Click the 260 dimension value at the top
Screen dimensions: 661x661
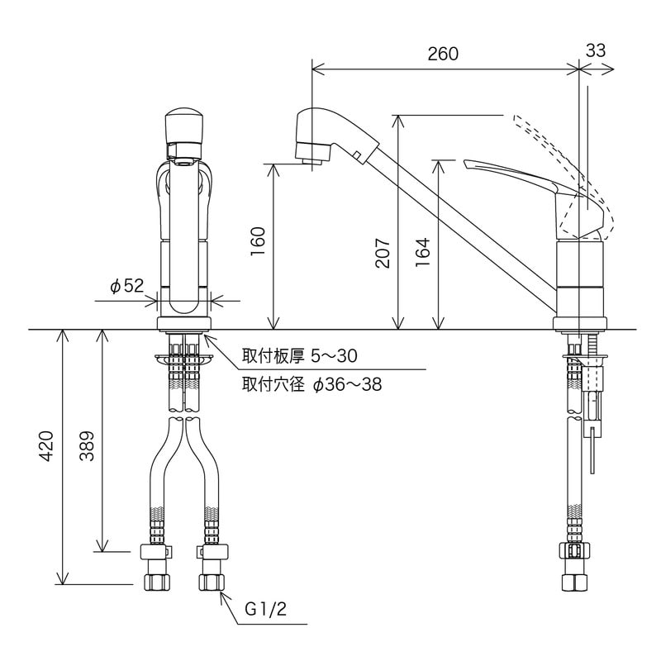pos(444,54)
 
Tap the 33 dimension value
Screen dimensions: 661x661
pos(595,51)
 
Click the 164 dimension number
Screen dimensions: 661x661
pos(422,250)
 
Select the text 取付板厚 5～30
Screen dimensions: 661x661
pos(300,357)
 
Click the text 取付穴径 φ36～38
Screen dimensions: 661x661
pos(311,385)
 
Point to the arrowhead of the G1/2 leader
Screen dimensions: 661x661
pos(220,594)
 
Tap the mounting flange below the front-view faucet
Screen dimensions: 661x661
pos(184,358)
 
